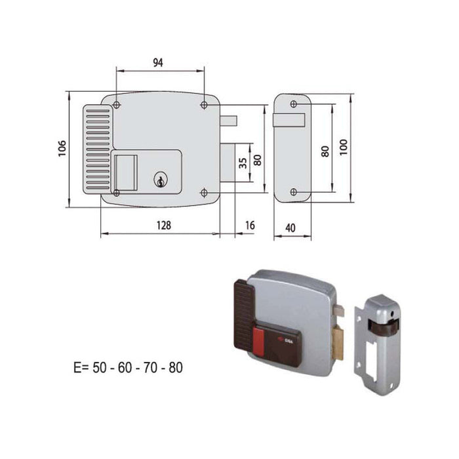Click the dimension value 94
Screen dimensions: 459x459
pos(158,62)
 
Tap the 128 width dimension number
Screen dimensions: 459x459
pos(164,225)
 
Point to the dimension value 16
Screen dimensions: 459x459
pos(249,225)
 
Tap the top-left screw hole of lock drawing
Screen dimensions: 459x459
pos(116,106)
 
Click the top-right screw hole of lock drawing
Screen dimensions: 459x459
pos(204,106)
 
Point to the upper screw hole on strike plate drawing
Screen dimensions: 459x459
pos(293,106)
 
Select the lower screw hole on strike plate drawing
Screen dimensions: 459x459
pos(293,192)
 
